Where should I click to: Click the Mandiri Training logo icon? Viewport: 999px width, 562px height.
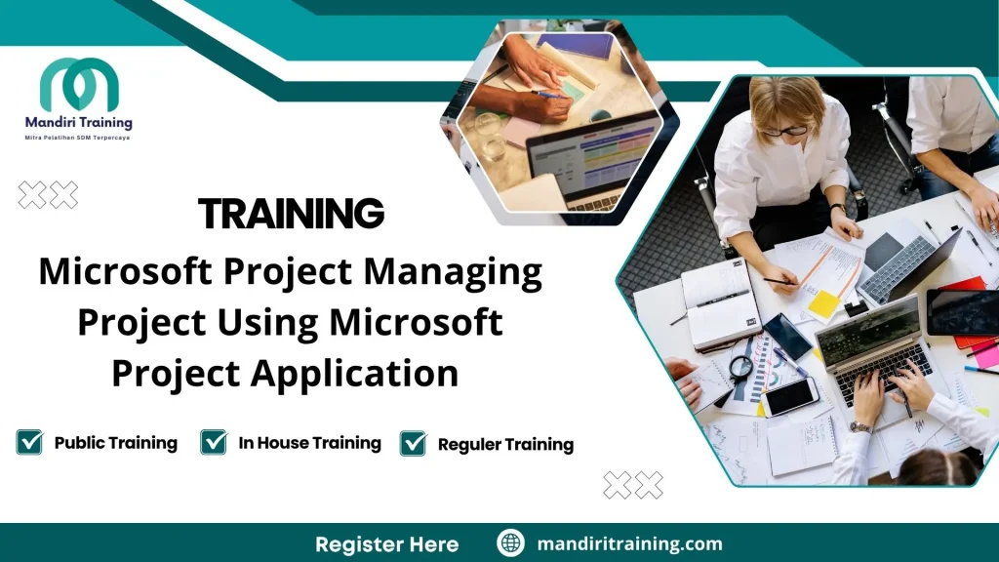click(x=79, y=85)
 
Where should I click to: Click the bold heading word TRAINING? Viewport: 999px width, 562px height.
click(x=291, y=213)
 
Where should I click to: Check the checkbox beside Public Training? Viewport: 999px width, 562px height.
click(x=29, y=442)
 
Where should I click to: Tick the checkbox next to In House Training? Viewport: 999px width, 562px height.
click(x=213, y=442)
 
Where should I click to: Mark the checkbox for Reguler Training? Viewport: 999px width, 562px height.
click(x=414, y=443)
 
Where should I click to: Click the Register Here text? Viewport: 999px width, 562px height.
click(x=386, y=543)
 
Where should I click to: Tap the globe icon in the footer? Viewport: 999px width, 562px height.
click(x=510, y=543)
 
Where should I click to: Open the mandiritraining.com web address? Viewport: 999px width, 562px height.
click(x=629, y=543)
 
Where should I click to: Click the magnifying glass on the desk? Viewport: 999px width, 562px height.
click(x=741, y=368)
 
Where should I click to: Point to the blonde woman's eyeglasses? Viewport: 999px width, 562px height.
click(x=786, y=131)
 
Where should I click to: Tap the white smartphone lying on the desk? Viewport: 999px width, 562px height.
click(x=789, y=395)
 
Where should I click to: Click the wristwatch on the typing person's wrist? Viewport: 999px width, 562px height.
click(x=860, y=426)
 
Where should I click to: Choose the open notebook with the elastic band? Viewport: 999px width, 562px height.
click(x=722, y=302)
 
